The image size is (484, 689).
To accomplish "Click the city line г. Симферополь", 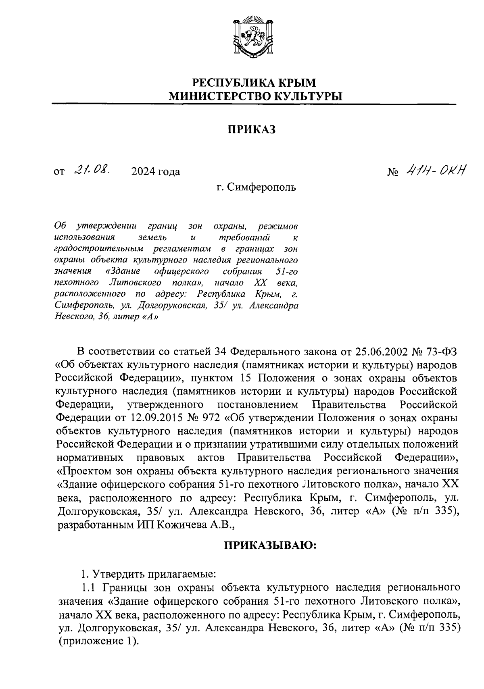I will (256, 187).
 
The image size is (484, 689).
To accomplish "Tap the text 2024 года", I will (156, 172).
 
